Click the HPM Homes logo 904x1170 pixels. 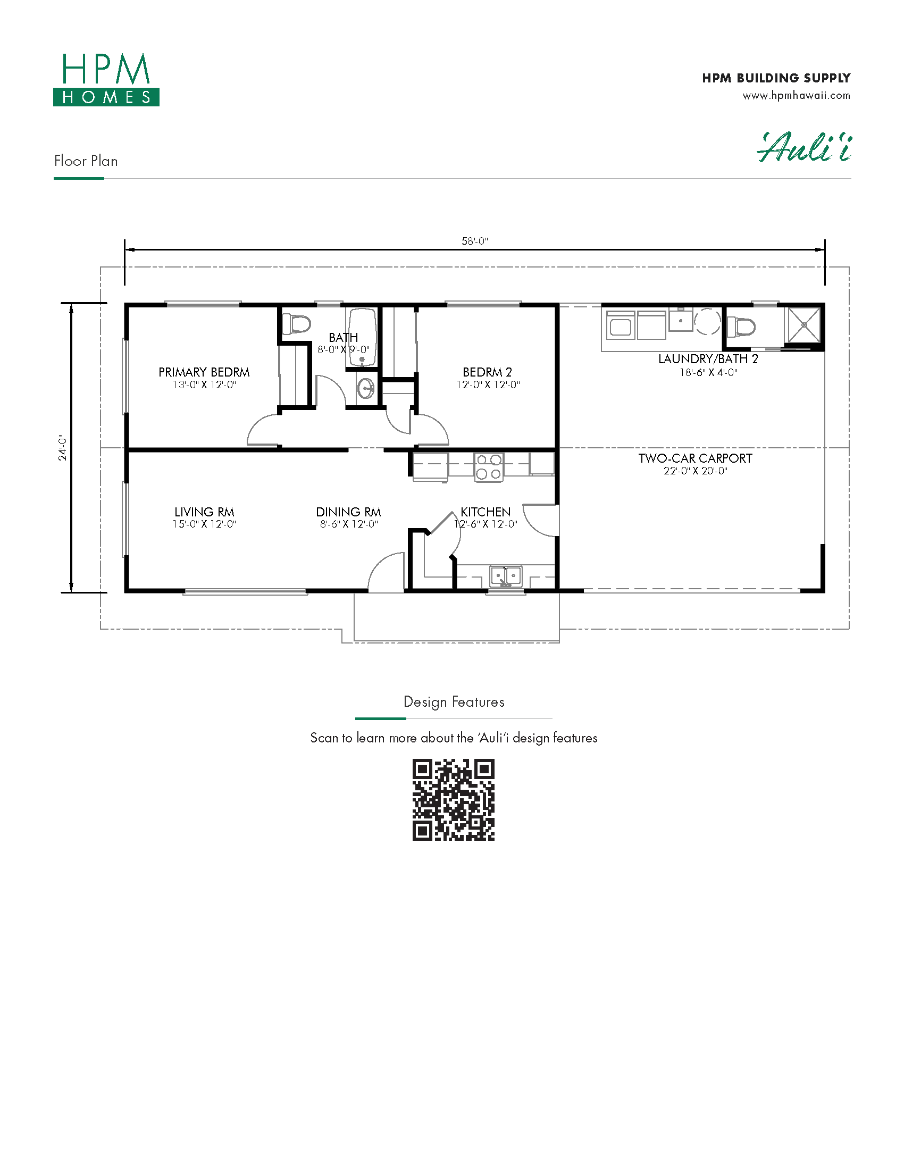106,79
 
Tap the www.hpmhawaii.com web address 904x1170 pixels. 797,96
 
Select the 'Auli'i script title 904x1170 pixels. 805,147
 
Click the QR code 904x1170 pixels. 454,800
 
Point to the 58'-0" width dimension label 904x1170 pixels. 475,241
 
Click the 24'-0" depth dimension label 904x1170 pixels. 63,448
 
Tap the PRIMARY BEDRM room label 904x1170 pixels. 204,372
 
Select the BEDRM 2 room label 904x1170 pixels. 487,372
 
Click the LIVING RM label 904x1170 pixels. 204,512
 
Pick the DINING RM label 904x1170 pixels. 349,512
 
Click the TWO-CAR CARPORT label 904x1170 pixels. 695,458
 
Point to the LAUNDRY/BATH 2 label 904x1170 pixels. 708,359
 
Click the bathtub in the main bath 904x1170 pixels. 362,337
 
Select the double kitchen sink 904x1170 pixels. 506,576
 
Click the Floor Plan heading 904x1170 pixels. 86,161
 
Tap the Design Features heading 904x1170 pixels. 454,703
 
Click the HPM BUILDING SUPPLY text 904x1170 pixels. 776,78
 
